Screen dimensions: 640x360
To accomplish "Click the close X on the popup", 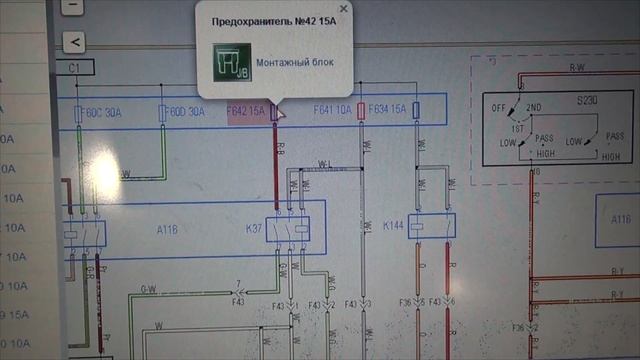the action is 344,8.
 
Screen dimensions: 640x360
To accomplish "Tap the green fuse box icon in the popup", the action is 231,62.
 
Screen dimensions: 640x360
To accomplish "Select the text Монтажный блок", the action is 295,63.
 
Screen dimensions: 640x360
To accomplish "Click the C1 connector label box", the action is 75,67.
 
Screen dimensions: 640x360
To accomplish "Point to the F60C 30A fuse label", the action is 103,112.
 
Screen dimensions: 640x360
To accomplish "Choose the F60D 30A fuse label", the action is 186,111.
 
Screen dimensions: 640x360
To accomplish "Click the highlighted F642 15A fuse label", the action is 246,110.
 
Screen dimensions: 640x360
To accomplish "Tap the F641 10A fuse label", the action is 332,109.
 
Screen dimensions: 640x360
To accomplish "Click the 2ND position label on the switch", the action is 534,106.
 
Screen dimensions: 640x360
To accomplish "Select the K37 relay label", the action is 254,228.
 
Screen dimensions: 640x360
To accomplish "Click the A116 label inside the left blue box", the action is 168,229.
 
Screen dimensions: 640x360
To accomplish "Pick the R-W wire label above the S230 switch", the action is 577,67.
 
